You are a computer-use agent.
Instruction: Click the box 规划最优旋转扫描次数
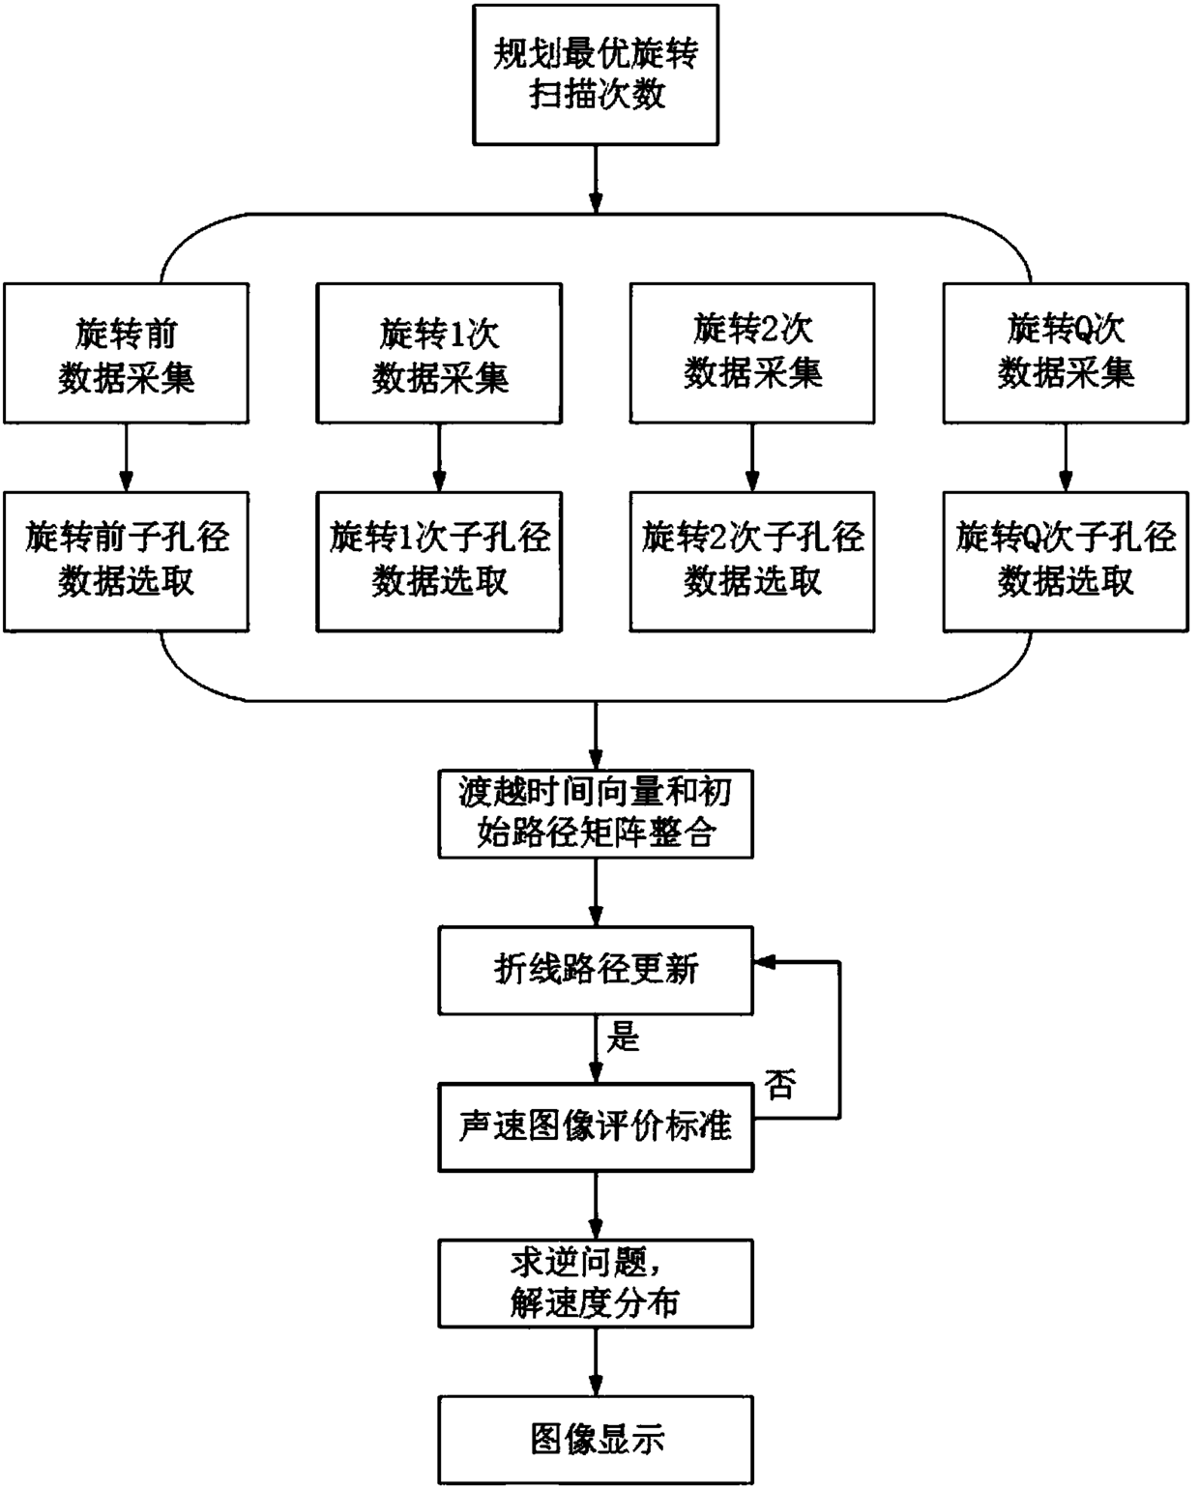point(596,74)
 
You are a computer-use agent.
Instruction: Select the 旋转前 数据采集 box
point(126,353)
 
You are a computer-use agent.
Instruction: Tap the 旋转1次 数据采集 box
point(439,353)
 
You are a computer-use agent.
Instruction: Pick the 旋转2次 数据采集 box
point(752,353)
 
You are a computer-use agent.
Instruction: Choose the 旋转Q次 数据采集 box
point(1066,353)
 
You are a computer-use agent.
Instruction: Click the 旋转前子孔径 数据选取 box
point(126,562)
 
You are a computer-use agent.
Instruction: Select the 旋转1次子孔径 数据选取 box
point(439,562)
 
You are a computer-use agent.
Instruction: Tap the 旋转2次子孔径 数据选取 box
point(752,562)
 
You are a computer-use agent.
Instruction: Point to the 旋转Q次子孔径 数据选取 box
point(1066,562)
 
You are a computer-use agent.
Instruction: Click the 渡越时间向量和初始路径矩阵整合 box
point(596,814)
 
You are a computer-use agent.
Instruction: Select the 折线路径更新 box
point(596,971)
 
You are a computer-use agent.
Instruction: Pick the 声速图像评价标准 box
point(596,1127)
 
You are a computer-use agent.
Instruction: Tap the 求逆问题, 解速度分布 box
point(596,1284)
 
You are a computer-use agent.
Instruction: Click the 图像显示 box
point(596,1441)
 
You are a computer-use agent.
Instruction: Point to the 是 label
point(623,1037)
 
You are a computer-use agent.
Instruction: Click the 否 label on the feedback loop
point(779,1084)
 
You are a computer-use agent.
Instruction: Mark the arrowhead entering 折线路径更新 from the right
point(764,962)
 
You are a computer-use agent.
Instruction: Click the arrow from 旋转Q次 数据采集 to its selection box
point(1066,457)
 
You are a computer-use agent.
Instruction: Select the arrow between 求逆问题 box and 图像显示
point(596,1362)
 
